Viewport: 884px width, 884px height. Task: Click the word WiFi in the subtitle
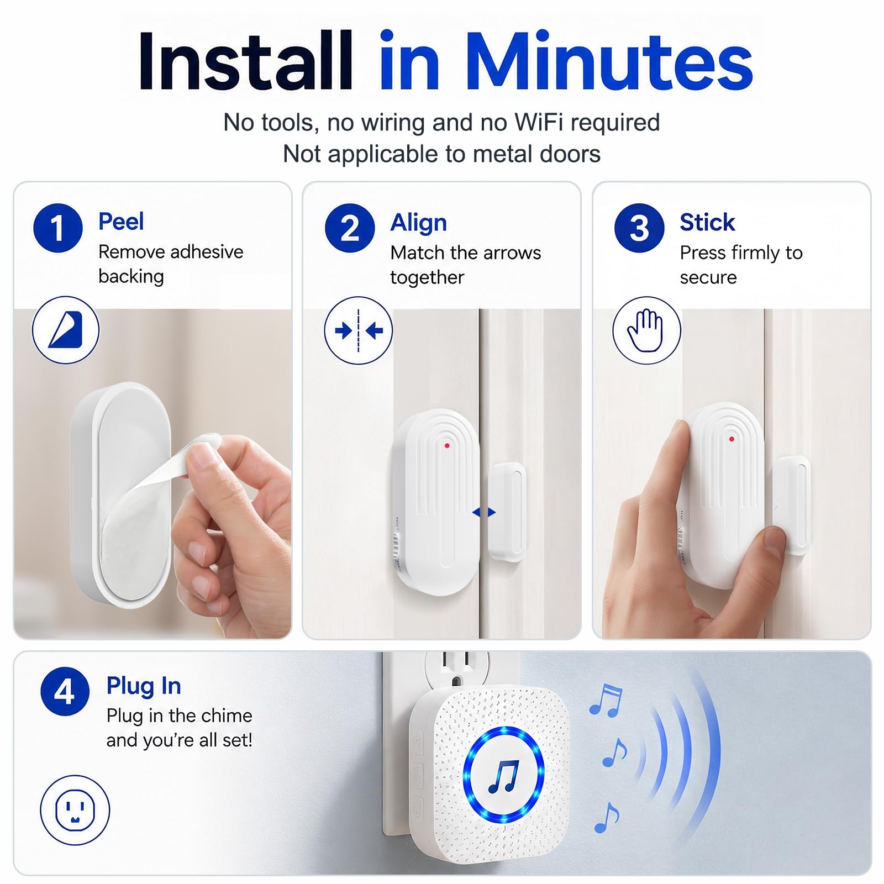(x=539, y=122)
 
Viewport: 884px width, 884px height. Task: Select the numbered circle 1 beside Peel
(x=58, y=228)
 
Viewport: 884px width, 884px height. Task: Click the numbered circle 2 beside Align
(x=350, y=228)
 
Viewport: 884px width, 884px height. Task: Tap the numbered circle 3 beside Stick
(x=639, y=228)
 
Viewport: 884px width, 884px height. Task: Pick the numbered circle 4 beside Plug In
(x=65, y=691)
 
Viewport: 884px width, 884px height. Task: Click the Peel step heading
(x=121, y=222)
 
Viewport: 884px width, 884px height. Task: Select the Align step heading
(x=418, y=223)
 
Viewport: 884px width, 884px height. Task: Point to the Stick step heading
(x=707, y=222)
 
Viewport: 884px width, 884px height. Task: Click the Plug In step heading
(x=144, y=686)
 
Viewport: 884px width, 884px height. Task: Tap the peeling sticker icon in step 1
(x=66, y=330)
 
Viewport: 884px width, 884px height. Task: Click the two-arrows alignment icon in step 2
(x=359, y=330)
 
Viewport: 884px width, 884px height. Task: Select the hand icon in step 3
(x=646, y=330)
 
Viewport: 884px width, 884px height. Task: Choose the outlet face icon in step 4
(x=75, y=810)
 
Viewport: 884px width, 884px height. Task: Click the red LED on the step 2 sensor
(x=447, y=445)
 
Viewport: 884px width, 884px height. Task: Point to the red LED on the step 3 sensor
(x=732, y=439)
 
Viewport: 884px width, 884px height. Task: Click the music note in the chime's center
(x=504, y=776)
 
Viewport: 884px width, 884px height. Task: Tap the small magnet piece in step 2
(x=507, y=512)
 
